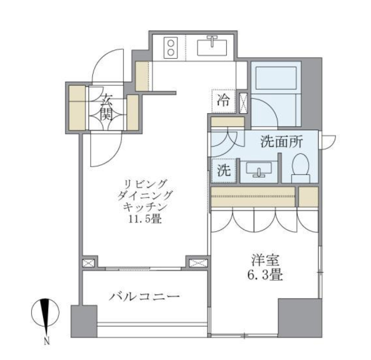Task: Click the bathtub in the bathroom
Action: (x=276, y=79)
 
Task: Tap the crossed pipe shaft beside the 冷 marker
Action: (x=244, y=102)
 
